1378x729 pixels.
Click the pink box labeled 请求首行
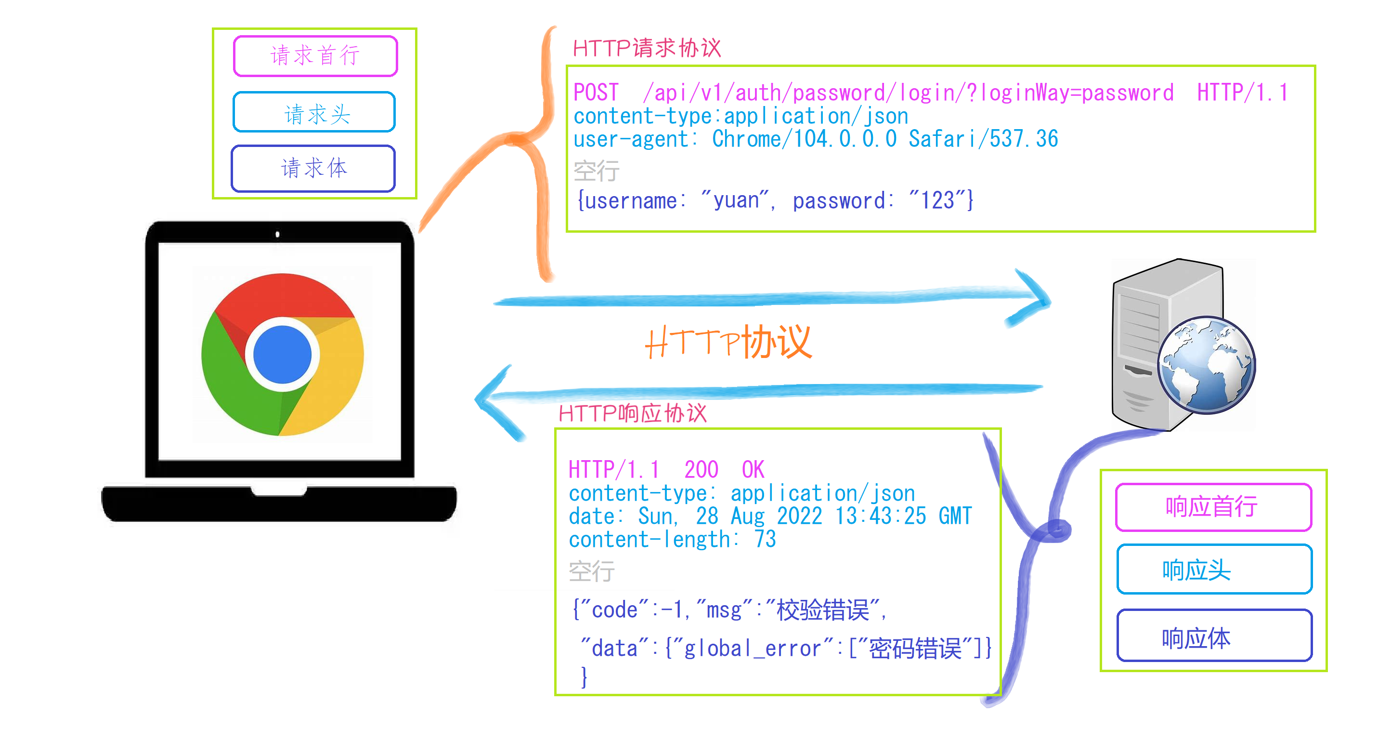315,56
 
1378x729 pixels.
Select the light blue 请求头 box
314,112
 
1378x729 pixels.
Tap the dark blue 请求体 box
313,169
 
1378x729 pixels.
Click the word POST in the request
596,93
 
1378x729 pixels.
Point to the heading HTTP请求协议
646,48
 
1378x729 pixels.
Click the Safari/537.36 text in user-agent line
983,139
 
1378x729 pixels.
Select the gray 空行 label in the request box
596,171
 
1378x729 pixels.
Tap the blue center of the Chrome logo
282,354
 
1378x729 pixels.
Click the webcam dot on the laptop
277,234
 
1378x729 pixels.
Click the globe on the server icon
1207,366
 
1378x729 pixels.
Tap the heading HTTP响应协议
632,414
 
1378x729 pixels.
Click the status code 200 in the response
701,470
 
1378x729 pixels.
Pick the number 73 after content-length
765,539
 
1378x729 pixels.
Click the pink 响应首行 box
1213,507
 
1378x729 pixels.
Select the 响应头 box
1214,570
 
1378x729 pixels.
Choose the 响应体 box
1214,637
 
